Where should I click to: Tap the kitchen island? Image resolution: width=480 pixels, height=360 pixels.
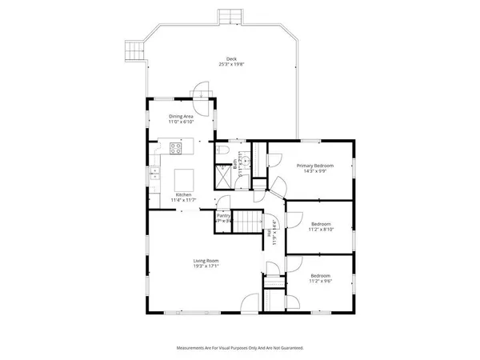click(x=185, y=177)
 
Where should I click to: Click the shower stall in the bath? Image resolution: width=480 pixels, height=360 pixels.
click(x=221, y=176)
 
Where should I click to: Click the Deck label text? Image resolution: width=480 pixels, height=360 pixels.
click(x=231, y=58)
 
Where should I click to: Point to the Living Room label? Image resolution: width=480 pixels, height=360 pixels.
click(x=206, y=261)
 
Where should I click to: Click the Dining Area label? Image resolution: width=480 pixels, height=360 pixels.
click(x=181, y=117)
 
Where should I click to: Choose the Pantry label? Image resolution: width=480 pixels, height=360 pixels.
click(x=224, y=215)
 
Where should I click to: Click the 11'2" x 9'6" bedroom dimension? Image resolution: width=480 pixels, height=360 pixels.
click(x=321, y=282)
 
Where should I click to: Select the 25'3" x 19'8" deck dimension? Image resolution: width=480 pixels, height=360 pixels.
click(x=231, y=64)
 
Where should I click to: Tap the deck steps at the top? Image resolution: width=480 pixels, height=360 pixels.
click(x=230, y=16)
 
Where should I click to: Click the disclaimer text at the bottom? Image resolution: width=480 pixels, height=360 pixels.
click(x=239, y=348)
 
